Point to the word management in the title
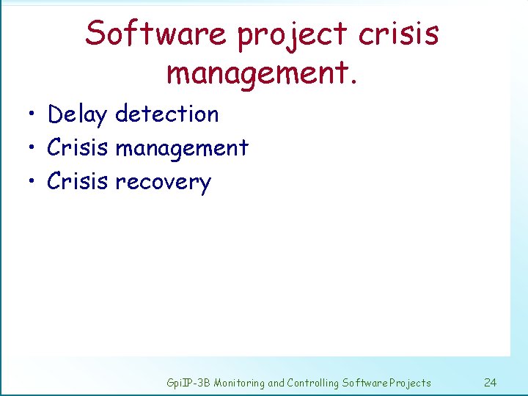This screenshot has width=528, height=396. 258,73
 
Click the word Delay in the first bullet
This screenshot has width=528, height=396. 77,115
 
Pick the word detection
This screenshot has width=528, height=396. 167,114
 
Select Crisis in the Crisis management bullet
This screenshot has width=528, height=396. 77,147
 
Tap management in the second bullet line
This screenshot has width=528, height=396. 183,149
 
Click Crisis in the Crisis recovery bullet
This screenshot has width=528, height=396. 77,181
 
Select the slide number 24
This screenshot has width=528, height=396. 491,382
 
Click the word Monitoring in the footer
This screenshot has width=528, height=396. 241,383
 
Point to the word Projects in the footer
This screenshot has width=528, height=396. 411,383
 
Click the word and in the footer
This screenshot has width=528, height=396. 277,383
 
